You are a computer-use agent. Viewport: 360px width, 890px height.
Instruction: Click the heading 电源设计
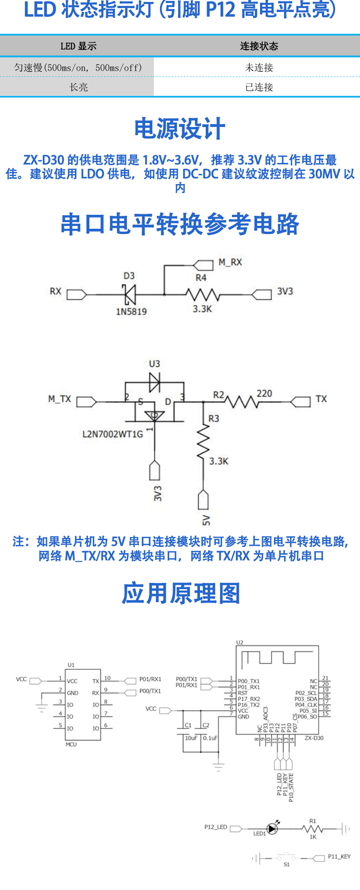180,129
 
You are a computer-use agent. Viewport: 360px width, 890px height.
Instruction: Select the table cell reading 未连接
259,68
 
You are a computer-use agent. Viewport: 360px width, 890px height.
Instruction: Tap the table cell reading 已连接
259,87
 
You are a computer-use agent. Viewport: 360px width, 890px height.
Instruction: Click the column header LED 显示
78,46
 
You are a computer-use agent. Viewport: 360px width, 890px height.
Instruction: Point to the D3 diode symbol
129,294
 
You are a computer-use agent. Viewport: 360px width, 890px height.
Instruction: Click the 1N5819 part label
131,311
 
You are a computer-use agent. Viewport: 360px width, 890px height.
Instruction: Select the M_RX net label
230,262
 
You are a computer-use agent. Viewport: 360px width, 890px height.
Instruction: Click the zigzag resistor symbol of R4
202,294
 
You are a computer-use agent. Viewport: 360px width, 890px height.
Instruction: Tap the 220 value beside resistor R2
264,394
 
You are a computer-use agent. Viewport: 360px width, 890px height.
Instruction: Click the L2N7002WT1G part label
113,434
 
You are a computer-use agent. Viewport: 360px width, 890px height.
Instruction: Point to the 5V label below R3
206,520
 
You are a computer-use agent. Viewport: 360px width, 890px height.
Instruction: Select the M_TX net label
60,399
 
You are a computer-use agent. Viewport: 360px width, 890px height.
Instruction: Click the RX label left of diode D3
55,291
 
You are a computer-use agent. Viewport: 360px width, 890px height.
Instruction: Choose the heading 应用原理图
181,593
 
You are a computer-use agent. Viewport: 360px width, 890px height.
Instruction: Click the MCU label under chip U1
71,744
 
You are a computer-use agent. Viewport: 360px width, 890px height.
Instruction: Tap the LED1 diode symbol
272,828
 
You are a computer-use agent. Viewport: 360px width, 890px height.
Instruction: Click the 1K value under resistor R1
313,837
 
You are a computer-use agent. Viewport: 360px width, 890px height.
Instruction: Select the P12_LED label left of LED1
215,827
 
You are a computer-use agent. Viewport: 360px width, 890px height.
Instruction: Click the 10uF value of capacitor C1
191,738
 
